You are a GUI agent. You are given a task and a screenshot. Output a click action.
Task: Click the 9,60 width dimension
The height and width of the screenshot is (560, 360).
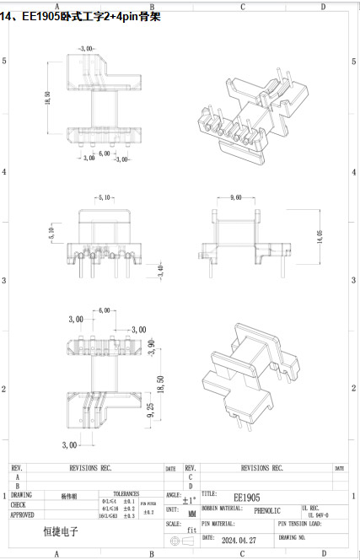(235, 197)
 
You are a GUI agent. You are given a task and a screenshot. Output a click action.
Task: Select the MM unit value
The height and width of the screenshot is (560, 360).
(192, 512)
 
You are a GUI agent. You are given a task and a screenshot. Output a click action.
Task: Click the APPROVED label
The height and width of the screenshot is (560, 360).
(23, 514)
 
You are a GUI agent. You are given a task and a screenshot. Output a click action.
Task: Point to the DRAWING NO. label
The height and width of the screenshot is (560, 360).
(290, 536)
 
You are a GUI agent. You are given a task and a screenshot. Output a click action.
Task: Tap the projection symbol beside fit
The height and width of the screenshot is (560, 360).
(176, 538)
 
